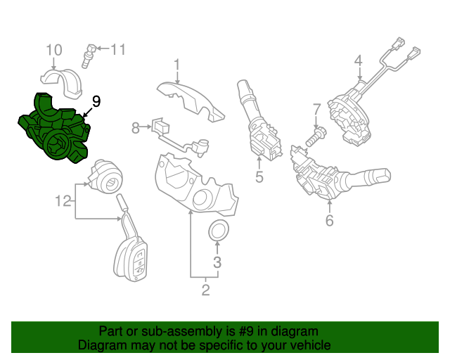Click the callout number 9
click(96, 101)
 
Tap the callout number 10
click(54, 50)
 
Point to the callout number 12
click(64, 202)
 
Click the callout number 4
click(358, 60)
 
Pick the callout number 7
click(316, 109)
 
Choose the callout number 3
click(217, 263)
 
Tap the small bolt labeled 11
click(89, 54)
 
